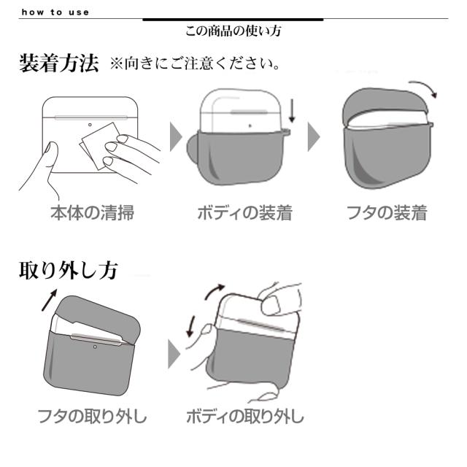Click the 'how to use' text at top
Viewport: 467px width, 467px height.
pos(55,12)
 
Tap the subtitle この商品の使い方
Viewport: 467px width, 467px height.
pos(233,31)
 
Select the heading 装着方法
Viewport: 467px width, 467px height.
pos(58,64)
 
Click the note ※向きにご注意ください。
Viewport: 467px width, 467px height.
pos(196,65)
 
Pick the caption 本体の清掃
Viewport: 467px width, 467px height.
pos(92,213)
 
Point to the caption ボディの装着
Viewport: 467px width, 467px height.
pos(244,213)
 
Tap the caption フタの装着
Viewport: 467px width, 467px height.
pos(387,213)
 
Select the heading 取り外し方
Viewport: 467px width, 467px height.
pos(67,270)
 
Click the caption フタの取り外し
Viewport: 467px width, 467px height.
pos(92,417)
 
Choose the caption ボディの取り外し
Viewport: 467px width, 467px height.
pos(244,417)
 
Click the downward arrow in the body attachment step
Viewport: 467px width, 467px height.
pos(292,111)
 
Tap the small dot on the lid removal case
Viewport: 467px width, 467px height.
pos(94,346)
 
